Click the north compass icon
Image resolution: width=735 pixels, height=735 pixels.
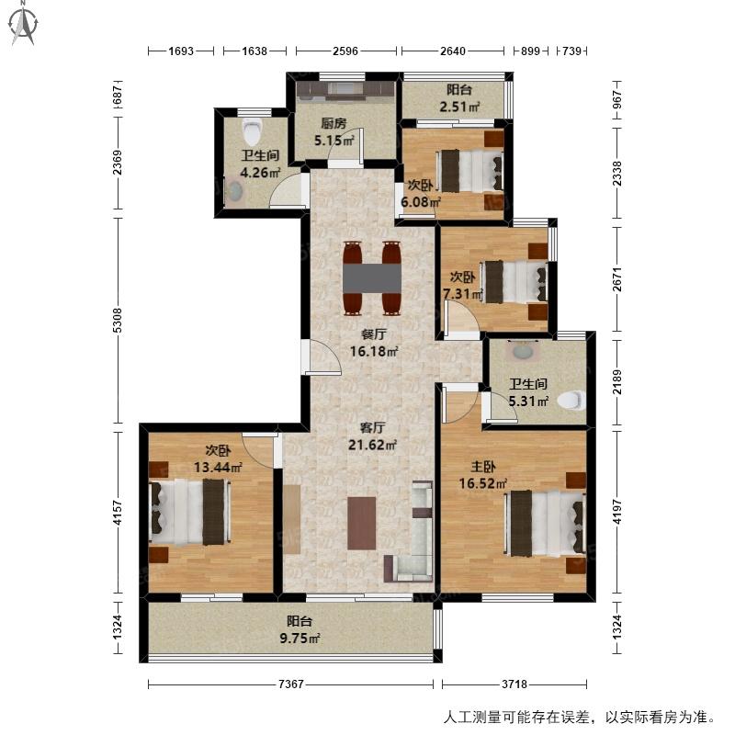(23, 24)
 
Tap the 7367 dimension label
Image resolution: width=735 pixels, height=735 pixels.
(291, 684)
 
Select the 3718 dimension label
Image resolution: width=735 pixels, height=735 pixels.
(514, 684)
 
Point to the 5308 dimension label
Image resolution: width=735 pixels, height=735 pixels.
(118, 321)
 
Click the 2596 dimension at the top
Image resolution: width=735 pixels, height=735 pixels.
(345, 51)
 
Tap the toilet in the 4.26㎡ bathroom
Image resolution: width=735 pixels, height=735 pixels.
(252, 131)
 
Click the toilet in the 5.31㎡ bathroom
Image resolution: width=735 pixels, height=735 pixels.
(571, 401)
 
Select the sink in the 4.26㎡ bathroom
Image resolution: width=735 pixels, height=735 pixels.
(234, 191)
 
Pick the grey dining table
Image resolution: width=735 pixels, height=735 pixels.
(372, 278)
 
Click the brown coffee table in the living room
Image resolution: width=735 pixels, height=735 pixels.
(362, 523)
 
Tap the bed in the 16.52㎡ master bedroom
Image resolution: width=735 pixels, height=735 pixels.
(545, 523)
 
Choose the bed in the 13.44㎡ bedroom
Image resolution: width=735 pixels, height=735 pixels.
(189, 512)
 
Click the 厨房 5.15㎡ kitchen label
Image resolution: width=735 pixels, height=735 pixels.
(334, 131)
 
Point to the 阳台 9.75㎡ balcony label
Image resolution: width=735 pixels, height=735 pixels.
(300, 630)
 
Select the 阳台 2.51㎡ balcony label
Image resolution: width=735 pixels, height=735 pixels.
(458, 98)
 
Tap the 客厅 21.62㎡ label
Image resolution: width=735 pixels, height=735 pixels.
(372, 435)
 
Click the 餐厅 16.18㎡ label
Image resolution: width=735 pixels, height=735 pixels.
(374, 343)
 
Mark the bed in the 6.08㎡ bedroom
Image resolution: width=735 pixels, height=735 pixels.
(469, 171)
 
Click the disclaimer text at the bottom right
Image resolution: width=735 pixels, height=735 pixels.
(580, 718)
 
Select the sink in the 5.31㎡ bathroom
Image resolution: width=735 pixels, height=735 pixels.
(522, 351)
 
